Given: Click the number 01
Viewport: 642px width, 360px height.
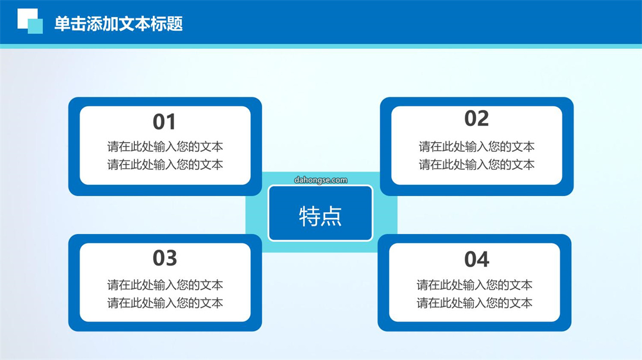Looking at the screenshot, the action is [164, 122].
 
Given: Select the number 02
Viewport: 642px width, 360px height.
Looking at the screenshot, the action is [476, 119].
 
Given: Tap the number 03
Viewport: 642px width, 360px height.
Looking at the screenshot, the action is [165, 258].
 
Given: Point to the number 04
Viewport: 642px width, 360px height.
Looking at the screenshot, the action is [476, 260].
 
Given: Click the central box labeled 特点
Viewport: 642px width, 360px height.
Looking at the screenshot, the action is [320, 213].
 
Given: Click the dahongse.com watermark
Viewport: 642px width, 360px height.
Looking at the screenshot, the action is [320, 180].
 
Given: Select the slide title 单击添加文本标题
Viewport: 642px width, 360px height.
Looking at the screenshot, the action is [118, 24].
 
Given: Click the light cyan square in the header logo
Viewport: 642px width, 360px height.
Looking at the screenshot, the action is [36, 27].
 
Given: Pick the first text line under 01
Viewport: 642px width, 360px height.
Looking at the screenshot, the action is [165, 147].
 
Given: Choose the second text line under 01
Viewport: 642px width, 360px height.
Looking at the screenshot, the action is [165, 165].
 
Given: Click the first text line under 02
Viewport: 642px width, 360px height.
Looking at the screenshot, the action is [476, 147].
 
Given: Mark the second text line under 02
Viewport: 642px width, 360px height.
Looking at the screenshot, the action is [476, 165].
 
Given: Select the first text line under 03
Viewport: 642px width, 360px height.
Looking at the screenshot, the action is [165, 285].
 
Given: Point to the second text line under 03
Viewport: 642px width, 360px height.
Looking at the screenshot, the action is [165, 303].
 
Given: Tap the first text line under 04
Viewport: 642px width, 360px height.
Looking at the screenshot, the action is [474, 285].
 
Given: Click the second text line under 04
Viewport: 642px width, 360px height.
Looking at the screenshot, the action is [474, 303].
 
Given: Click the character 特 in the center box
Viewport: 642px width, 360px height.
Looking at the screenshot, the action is [310, 216].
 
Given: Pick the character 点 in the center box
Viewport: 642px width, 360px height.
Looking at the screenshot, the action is [331, 216].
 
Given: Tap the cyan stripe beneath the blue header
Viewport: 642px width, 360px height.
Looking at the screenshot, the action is [321, 46].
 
